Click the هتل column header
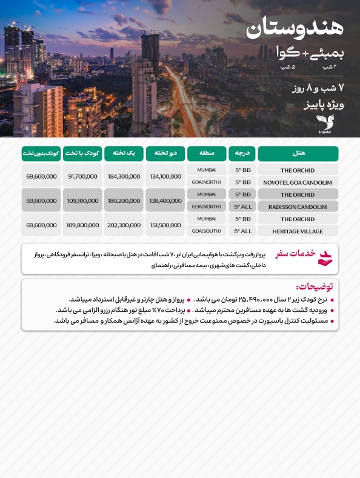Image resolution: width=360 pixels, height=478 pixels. pyautogui.click(x=298, y=154)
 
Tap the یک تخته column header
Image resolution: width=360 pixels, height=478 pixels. pyautogui.click(x=124, y=154)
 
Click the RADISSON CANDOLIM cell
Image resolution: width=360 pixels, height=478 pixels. pyautogui.click(x=298, y=207)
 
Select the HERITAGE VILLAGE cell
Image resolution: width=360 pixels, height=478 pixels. pyautogui.click(x=298, y=231)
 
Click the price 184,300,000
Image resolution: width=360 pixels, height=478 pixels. pyautogui.click(x=124, y=176)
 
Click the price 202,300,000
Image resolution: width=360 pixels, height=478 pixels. pyautogui.click(x=124, y=225)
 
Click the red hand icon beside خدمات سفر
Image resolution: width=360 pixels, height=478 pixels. pyautogui.click(x=326, y=257)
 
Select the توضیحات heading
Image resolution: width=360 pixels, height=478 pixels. pyautogui.click(x=317, y=286)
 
